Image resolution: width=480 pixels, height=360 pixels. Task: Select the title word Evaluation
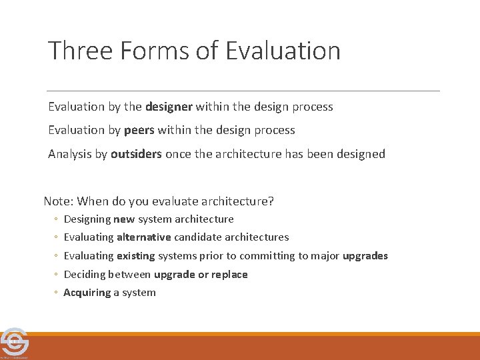(x=283, y=51)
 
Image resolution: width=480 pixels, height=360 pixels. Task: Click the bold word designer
(x=169, y=107)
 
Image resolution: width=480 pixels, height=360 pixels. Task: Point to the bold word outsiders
(x=136, y=154)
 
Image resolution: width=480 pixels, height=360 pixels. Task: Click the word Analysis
(x=69, y=154)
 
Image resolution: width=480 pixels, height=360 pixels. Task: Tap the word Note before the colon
(x=57, y=201)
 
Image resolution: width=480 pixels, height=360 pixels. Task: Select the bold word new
(x=124, y=219)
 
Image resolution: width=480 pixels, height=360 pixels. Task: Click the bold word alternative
(x=143, y=237)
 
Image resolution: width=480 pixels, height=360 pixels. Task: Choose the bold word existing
(x=135, y=256)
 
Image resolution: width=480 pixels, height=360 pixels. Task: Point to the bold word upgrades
(x=365, y=256)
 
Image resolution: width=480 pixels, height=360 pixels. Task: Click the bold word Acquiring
(x=87, y=293)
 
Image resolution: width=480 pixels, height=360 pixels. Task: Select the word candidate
(x=198, y=237)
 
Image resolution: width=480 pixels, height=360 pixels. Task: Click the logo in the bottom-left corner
(x=15, y=343)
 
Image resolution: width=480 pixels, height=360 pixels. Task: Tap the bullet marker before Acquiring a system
(x=57, y=293)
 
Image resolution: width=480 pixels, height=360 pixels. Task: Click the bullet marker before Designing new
(x=57, y=219)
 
